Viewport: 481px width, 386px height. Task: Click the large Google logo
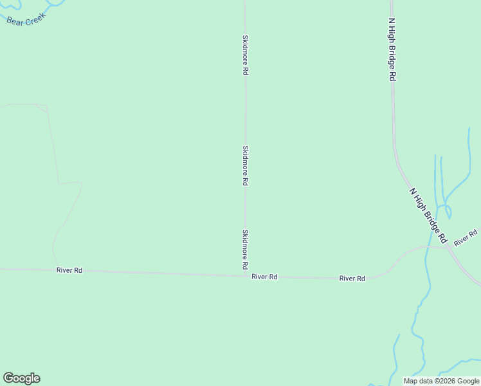click(x=21, y=378)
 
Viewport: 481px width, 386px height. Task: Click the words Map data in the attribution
click(x=417, y=381)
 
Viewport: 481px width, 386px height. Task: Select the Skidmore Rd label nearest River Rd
click(x=245, y=249)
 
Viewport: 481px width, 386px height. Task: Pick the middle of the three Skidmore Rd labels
click(x=245, y=166)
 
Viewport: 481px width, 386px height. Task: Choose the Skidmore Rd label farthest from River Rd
click(x=245, y=55)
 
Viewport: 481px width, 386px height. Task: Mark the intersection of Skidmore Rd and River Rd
click(x=245, y=276)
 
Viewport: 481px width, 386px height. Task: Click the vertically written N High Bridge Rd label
click(x=391, y=49)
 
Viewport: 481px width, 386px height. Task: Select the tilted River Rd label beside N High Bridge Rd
click(x=466, y=237)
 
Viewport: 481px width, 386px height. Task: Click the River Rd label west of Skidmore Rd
click(x=69, y=271)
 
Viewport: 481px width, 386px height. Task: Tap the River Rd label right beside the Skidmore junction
click(x=264, y=277)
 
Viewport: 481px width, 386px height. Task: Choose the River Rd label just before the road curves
click(x=352, y=279)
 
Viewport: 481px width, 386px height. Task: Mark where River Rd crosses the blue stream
click(x=426, y=246)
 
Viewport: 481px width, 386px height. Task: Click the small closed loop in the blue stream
click(x=448, y=212)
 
